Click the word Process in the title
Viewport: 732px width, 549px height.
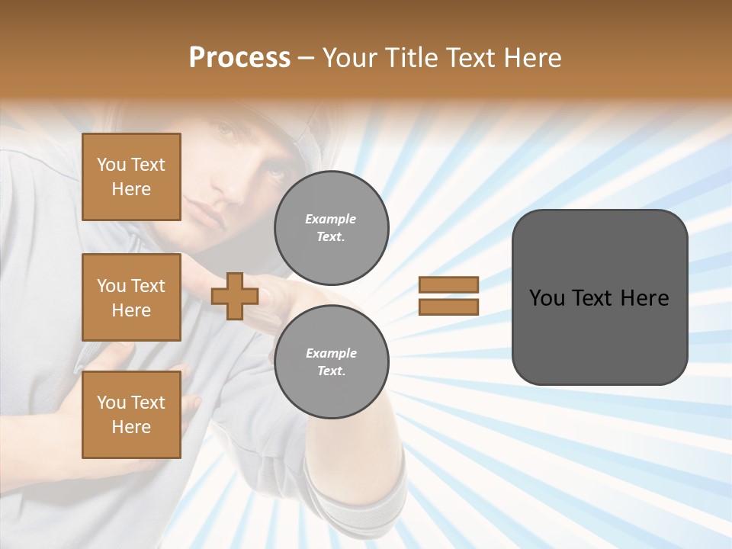(x=239, y=58)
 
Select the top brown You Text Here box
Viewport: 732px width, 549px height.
(x=131, y=177)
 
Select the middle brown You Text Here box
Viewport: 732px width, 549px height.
(x=131, y=297)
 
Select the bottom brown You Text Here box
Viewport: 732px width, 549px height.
(x=131, y=415)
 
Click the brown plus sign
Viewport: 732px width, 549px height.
(x=235, y=296)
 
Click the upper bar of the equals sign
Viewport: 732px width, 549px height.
(x=448, y=284)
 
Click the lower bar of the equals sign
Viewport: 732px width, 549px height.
(x=448, y=307)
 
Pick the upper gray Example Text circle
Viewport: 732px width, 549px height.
(x=331, y=227)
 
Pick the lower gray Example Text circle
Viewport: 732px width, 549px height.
(x=331, y=361)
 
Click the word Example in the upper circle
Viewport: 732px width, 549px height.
(x=330, y=219)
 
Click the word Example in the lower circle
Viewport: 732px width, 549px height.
(x=331, y=353)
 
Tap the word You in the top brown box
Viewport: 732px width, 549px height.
(x=111, y=165)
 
